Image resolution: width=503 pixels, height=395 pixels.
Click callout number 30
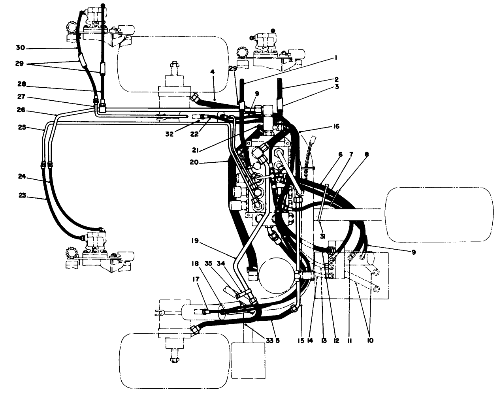tap(20, 48)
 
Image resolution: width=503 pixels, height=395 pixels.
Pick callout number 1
tap(335, 57)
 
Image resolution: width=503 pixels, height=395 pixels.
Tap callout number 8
tap(367, 155)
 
